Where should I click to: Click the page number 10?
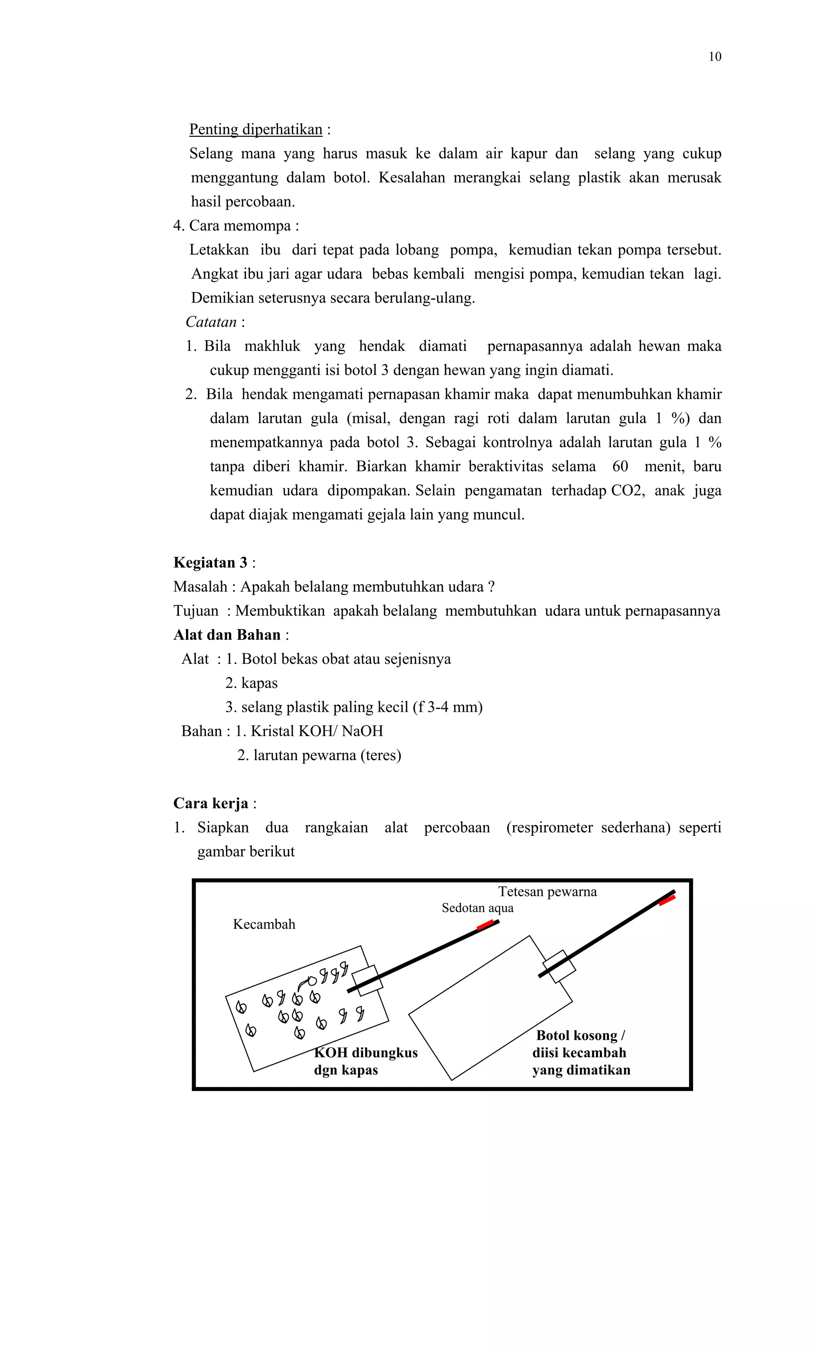715,57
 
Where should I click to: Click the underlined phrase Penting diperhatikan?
255,129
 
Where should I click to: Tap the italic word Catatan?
210,322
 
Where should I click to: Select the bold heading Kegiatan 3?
210,563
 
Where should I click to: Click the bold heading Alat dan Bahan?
226,635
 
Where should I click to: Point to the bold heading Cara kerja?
210,804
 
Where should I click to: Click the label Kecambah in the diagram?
264,924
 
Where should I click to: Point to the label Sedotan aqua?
477,908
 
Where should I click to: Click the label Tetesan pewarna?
547,892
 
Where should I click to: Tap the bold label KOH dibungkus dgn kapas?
365,1061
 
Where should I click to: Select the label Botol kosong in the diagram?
580,1035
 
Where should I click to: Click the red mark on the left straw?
485,925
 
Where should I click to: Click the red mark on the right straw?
667,900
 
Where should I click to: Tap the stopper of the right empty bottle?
559,967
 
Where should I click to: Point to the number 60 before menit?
619,467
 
